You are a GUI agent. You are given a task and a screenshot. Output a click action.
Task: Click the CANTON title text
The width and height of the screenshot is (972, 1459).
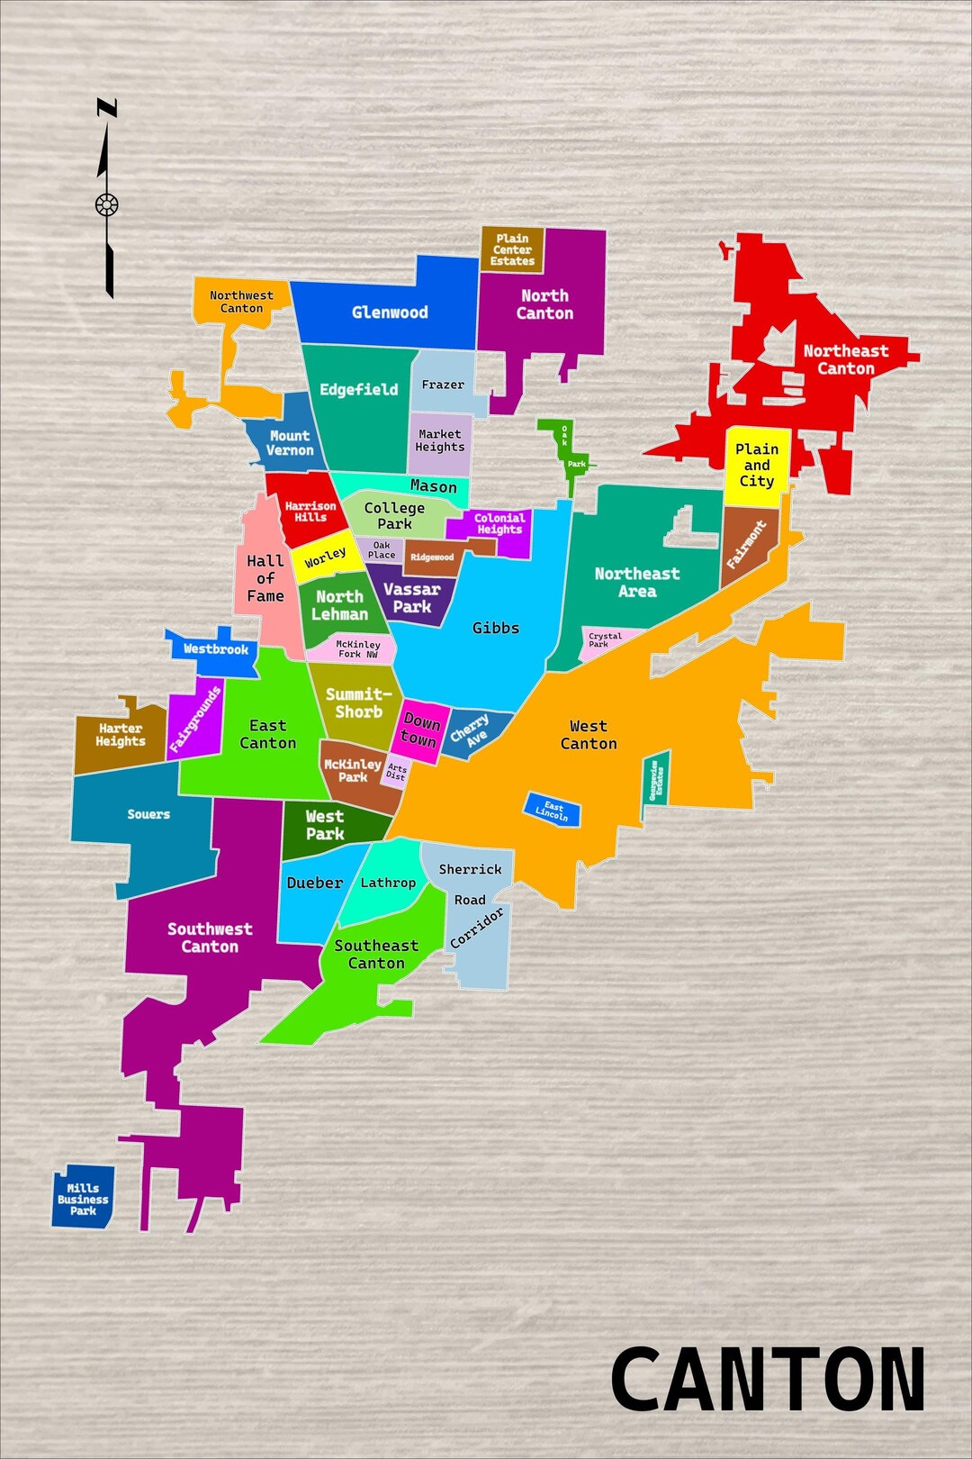tap(768, 1379)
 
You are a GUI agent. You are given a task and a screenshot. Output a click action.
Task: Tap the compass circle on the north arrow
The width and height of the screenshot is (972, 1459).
tap(107, 205)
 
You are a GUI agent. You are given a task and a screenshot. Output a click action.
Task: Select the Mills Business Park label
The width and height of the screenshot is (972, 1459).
tap(83, 1200)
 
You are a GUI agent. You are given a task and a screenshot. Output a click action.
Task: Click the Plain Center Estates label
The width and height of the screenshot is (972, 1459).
tap(512, 250)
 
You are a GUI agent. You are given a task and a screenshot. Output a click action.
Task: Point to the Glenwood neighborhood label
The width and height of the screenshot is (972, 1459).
tap(390, 313)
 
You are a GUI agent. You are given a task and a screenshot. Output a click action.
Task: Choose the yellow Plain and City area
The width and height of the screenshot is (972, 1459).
tap(757, 465)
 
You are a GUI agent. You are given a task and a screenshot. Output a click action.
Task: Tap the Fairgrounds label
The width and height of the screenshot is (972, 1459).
tap(195, 720)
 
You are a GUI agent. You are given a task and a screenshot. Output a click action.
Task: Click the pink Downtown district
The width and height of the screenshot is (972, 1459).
tap(420, 730)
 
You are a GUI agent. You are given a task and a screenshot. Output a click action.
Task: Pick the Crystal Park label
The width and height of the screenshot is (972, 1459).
tap(605, 640)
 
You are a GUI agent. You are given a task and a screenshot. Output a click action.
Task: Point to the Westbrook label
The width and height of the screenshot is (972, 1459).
tap(215, 649)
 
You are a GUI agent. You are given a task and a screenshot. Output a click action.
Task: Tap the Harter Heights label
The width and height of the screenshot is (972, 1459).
tap(121, 735)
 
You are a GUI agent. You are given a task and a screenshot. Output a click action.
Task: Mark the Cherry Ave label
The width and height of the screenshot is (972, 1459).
tap(471, 730)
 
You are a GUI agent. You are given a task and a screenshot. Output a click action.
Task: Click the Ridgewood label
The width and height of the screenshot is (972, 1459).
tap(432, 557)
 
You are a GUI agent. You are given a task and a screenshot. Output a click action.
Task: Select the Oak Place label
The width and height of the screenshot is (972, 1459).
tap(382, 550)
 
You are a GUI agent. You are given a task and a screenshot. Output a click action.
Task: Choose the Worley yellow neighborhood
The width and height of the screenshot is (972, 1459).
tap(325, 557)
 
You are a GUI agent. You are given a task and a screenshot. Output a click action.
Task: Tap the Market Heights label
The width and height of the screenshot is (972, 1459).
tap(440, 440)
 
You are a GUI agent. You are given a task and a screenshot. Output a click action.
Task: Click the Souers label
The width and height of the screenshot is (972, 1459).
tap(148, 814)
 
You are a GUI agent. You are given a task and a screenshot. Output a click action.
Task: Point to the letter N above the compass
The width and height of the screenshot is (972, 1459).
tap(107, 109)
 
